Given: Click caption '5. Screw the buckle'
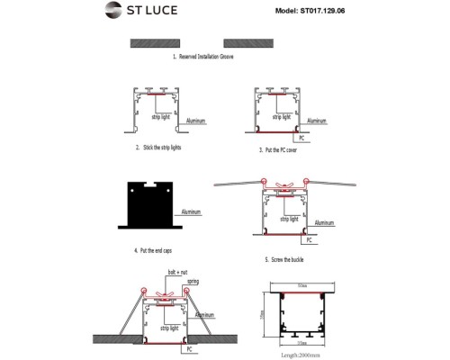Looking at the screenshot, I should click(x=286, y=259).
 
